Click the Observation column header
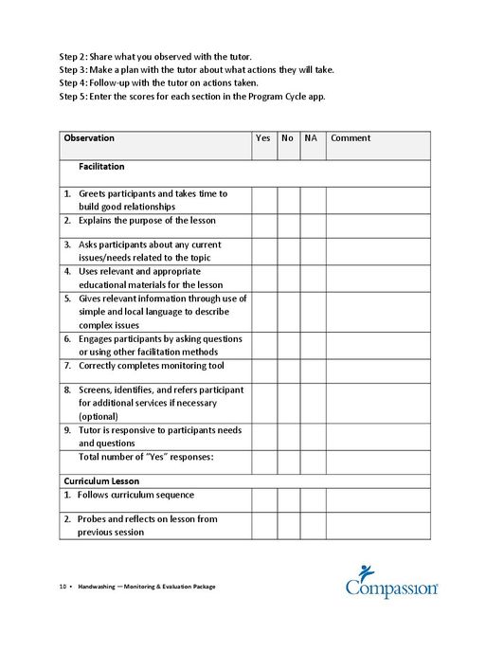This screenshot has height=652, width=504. click(x=89, y=138)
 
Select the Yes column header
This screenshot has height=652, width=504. click(x=262, y=138)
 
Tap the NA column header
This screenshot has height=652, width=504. click(x=311, y=138)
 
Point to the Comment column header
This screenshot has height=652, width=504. click(x=351, y=138)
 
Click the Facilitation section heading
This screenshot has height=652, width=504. click(x=101, y=167)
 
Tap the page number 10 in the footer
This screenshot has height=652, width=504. click(x=63, y=587)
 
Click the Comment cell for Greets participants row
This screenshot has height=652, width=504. click(x=378, y=200)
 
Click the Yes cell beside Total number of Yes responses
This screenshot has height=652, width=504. click(x=264, y=462)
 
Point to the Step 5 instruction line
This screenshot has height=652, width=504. click(x=192, y=97)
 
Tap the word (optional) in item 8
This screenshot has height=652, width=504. click(x=99, y=416)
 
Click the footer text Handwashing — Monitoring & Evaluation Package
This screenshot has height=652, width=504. click(x=147, y=587)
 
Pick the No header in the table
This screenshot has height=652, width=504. click(x=288, y=138)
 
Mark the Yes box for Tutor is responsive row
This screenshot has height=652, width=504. click(x=264, y=436)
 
